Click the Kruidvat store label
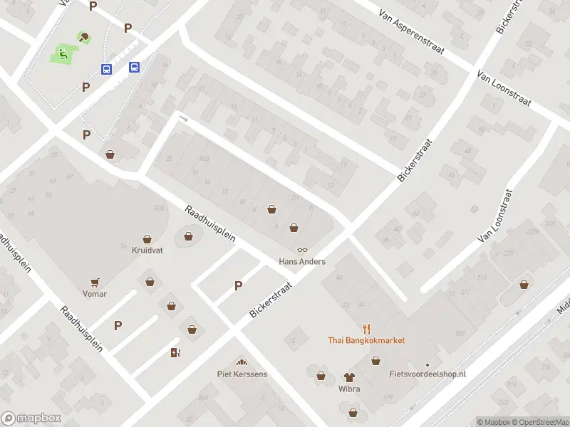147,251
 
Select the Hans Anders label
301,262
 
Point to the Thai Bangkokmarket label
366,340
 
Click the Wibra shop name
349,389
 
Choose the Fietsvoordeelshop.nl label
427,374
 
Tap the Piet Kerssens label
242,374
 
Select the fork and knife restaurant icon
367,328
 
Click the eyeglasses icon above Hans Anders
302,250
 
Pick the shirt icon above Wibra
349,377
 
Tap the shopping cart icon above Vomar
94,282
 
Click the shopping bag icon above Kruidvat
147,238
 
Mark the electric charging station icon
175,352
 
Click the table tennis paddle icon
85,37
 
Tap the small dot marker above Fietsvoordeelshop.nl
427,364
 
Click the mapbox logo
31,418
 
